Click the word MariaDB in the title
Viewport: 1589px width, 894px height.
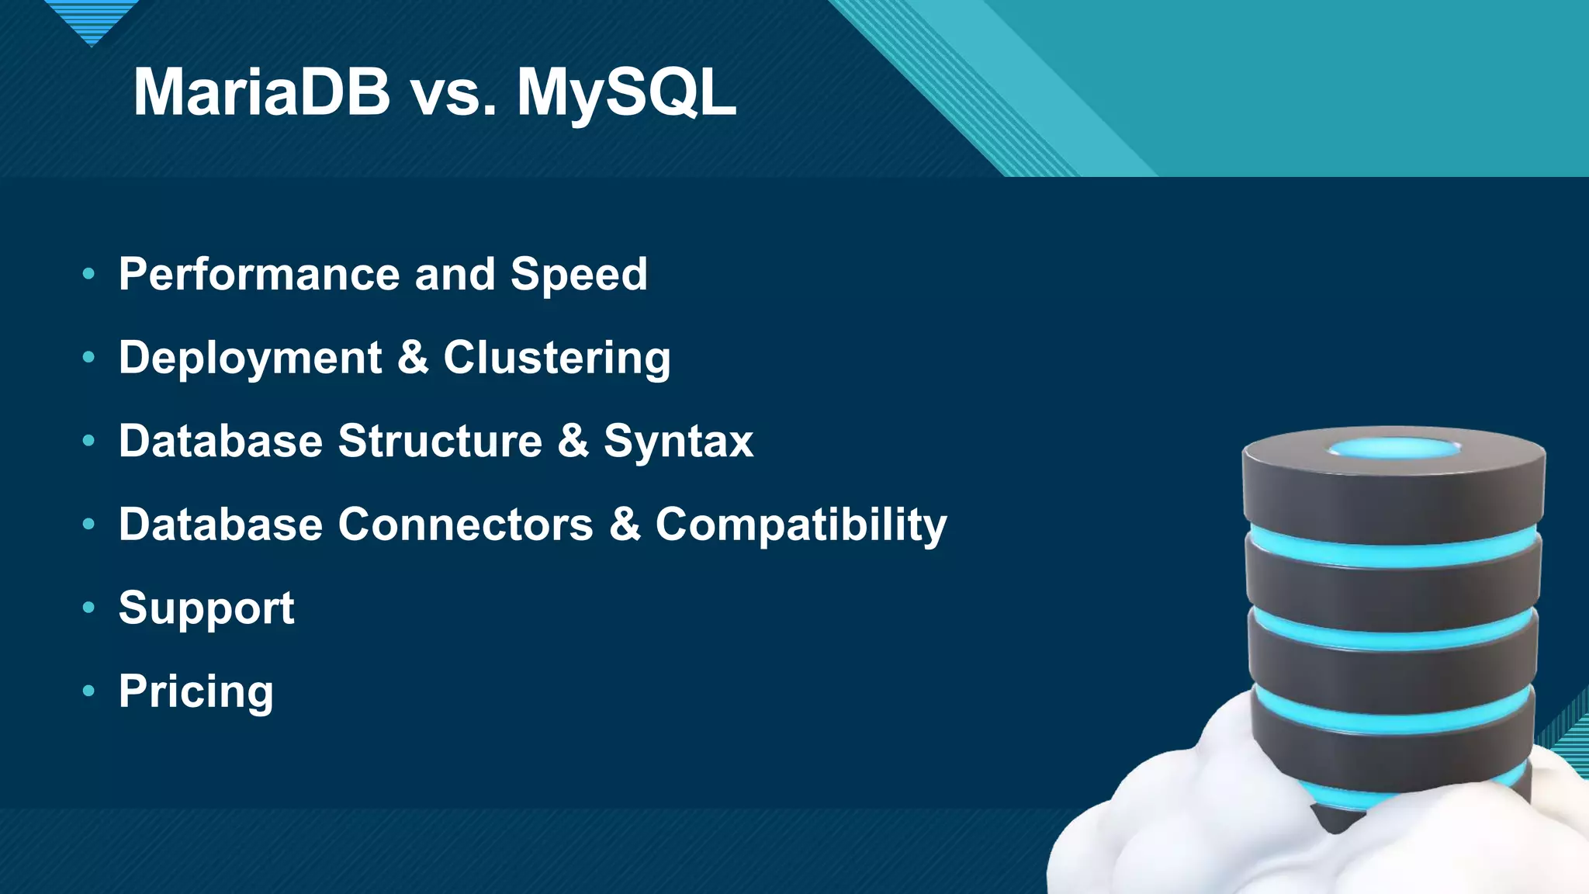(x=261, y=93)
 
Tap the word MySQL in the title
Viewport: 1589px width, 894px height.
(x=626, y=93)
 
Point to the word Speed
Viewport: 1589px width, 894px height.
(x=579, y=275)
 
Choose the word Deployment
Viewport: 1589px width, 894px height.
(x=250, y=359)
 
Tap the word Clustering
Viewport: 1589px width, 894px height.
(x=556, y=359)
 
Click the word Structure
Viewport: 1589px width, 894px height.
(x=440, y=442)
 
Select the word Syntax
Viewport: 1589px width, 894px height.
(x=678, y=442)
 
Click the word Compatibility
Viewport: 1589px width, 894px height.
(x=801, y=525)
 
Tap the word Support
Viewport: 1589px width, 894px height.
(x=206, y=608)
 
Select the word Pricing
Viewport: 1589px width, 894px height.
(x=196, y=691)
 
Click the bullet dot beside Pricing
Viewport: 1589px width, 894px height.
(x=88, y=690)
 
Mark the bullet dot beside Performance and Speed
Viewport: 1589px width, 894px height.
(x=88, y=273)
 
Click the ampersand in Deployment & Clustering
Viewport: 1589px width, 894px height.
(x=413, y=358)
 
